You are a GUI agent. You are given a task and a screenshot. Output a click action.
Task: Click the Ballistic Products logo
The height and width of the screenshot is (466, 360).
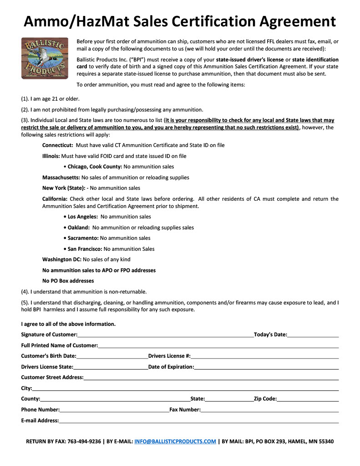tap(45, 58)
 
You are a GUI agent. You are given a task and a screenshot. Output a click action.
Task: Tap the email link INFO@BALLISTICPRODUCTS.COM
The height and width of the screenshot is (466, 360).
tap(175, 441)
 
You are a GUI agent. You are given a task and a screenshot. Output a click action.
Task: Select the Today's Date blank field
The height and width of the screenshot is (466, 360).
tap(313, 334)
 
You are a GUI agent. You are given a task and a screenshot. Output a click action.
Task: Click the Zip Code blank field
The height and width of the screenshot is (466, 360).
tap(308, 399)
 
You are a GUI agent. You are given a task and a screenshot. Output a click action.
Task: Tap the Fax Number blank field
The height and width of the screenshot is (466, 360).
tap(269, 410)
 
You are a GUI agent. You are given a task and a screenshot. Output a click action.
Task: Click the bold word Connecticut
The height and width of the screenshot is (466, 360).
tap(58, 145)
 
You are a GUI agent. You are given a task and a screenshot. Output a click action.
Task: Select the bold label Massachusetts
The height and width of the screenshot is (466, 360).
tap(61, 177)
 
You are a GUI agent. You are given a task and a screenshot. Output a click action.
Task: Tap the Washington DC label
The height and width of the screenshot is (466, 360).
tap(62, 259)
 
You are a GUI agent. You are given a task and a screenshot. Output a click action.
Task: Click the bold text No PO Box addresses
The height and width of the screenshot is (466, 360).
tap(68, 281)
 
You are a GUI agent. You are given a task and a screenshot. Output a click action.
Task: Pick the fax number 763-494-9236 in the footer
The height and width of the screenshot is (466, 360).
tap(84, 441)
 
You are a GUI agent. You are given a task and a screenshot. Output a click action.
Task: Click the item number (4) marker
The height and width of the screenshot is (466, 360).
tap(25, 292)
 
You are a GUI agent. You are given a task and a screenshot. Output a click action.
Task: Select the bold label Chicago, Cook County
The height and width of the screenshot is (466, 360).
tap(95, 167)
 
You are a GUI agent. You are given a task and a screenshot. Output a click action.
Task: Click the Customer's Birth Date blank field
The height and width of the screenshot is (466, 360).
tap(112, 356)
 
